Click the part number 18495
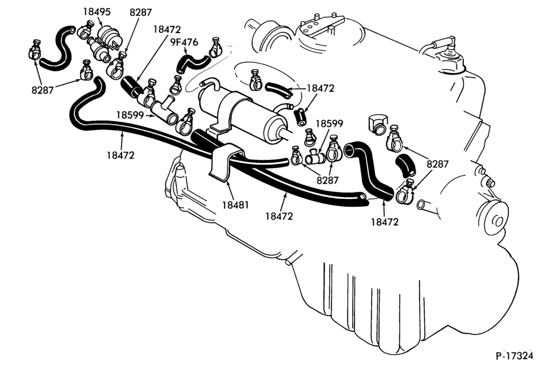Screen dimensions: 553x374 coord(97,12)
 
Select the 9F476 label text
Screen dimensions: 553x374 coord(184,43)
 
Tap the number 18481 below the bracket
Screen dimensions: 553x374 coord(236,205)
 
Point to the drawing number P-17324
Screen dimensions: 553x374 coord(514,356)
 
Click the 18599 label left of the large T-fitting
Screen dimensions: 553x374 coord(130,115)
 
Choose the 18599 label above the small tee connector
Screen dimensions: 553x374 coord(329,123)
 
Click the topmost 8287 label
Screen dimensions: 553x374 coord(140,12)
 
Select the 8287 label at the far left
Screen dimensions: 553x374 coord(43,90)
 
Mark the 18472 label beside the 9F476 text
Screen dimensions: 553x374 coord(167,29)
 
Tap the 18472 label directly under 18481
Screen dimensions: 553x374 coord(279,216)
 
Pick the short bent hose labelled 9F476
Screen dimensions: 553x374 coord(193,63)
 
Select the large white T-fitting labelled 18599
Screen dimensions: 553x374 coord(165,111)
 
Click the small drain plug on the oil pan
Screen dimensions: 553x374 coord(289,262)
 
